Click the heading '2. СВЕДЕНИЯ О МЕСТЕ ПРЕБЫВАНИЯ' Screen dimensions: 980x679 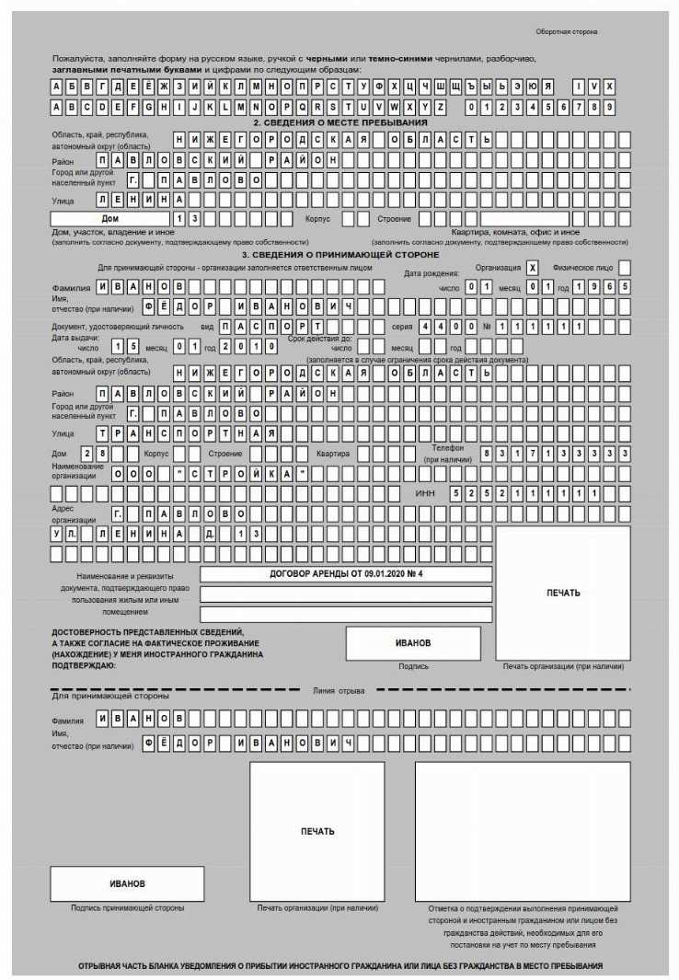tap(340, 122)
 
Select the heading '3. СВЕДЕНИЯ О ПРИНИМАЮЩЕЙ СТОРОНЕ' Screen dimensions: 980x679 tap(340, 254)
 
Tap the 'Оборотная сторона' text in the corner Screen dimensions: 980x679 tap(567, 32)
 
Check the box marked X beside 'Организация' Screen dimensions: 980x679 tap(532, 267)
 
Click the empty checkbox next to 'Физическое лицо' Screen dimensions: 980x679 tap(625, 267)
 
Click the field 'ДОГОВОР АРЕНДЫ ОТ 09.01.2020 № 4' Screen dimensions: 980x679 tap(346, 573)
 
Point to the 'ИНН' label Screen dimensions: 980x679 tap(425, 493)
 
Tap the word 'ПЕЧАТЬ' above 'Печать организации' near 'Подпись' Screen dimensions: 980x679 tap(563, 593)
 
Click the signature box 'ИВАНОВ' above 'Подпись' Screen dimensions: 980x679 tap(413, 643)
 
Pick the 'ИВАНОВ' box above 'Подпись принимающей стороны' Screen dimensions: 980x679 tap(127, 883)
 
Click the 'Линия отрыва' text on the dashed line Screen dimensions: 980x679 tap(339, 690)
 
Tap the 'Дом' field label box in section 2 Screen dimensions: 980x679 tap(110, 219)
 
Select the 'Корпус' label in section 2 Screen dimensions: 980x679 tap(318, 219)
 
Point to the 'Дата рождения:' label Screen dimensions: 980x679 tap(432, 273)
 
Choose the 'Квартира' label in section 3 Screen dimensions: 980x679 tap(332, 454)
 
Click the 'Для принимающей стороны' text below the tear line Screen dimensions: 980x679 tap(109, 697)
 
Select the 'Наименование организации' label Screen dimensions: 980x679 tap(75, 471)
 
